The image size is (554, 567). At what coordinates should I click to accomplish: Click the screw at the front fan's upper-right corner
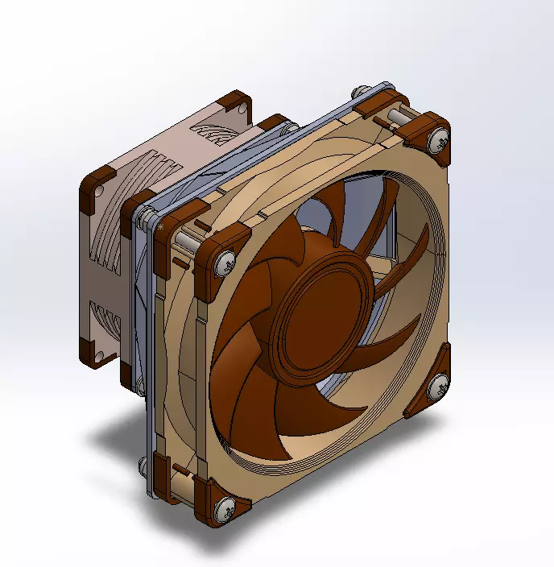(439, 139)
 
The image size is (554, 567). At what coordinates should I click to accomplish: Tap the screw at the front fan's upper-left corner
(222, 259)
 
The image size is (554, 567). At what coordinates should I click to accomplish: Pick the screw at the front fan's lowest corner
(225, 508)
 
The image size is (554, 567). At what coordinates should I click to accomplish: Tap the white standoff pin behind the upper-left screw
(187, 239)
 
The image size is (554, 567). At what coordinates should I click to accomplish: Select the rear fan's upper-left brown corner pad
(97, 182)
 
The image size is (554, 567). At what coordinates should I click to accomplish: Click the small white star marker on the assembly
(162, 229)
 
